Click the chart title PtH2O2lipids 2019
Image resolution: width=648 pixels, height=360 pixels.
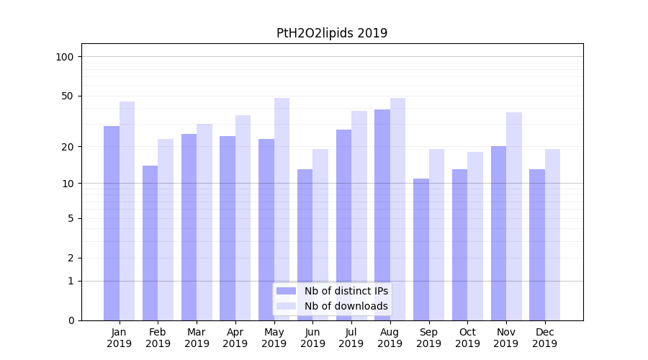(332, 33)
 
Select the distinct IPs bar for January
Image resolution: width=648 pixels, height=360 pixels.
(112, 223)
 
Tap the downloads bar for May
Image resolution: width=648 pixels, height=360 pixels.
(282, 209)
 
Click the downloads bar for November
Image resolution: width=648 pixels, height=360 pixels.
(514, 216)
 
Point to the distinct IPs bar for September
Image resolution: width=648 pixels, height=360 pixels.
(421, 249)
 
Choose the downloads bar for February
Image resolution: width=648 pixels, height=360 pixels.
(166, 230)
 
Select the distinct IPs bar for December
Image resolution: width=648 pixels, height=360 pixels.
(537, 245)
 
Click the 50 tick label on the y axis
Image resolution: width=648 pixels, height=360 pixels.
(68, 96)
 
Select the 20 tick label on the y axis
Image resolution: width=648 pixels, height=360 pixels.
(68, 147)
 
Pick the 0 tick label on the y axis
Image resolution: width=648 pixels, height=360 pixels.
(71, 320)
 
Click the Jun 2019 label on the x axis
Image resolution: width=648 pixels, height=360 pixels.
(312, 338)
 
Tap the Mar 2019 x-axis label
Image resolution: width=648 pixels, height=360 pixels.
(197, 338)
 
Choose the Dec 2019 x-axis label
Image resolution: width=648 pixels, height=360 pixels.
(545, 338)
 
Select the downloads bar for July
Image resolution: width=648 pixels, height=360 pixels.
(359, 215)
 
